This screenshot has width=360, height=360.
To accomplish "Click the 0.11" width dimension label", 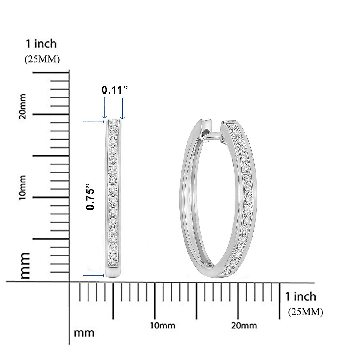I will click(115, 90).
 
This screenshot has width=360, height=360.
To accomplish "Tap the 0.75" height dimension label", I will click(90, 196).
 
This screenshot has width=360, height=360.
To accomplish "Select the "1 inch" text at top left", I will click(41, 44).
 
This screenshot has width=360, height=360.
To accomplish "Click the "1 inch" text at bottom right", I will click(301, 297).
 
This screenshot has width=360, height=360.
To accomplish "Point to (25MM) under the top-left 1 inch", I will click(42, 59).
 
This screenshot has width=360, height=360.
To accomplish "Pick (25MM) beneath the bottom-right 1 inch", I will click(305, 312).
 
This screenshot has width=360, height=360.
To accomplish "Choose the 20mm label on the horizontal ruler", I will click(244, 325).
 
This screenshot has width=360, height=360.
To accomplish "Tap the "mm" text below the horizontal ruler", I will click(84, 333).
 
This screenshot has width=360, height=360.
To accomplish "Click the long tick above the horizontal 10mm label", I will click(155, 301).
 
